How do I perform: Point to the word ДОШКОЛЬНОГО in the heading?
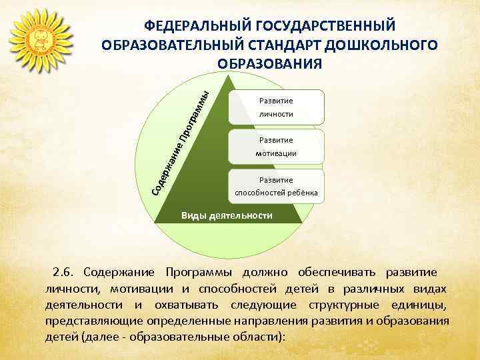(383, 45)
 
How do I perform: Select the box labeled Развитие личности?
(277, 107)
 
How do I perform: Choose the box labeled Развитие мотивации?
(277, 147)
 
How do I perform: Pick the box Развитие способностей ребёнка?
(277, 187)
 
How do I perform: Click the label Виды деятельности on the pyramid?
(227, 216)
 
